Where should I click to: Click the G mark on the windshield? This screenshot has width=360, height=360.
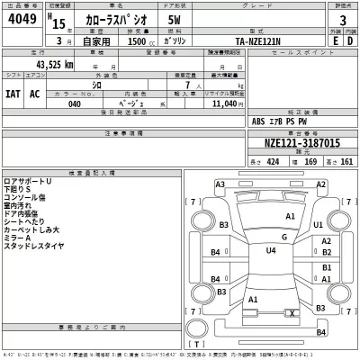pos(283,237)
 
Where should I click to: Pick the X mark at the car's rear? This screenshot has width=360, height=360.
pos(292,311)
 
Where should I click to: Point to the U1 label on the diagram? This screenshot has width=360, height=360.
pos(318,225)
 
